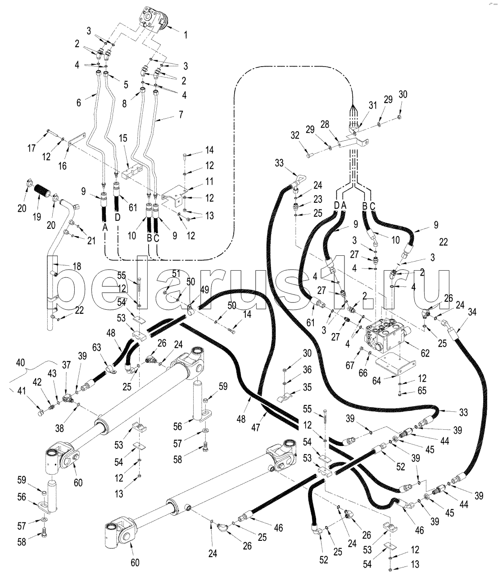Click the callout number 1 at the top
(186, 34)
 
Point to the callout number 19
(36, 216)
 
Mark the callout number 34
(471, 312)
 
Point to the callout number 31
(372, 106)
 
